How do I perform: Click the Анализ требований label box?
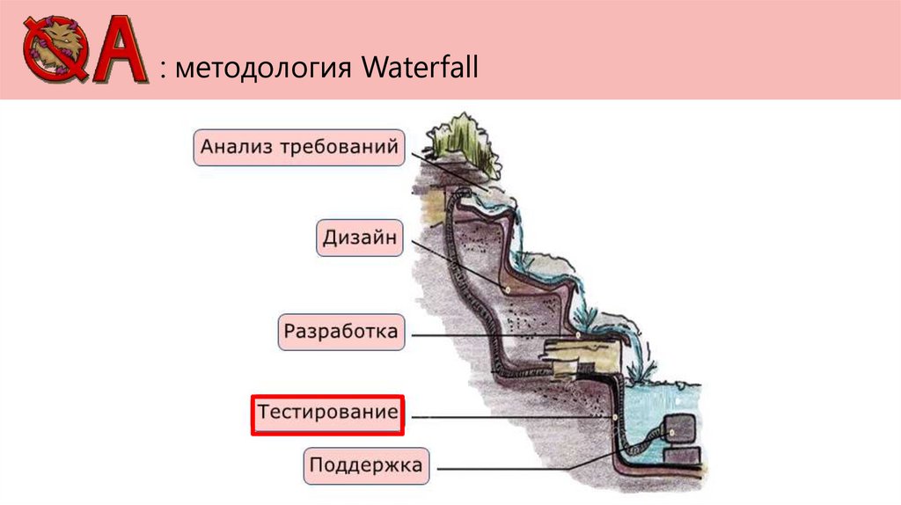tap(299, 147)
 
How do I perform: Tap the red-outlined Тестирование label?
tap(326, 414)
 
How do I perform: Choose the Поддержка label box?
tap(366, 464)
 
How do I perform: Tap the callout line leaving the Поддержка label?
tap(528, 468)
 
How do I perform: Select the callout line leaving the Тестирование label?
tap(510, 415)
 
